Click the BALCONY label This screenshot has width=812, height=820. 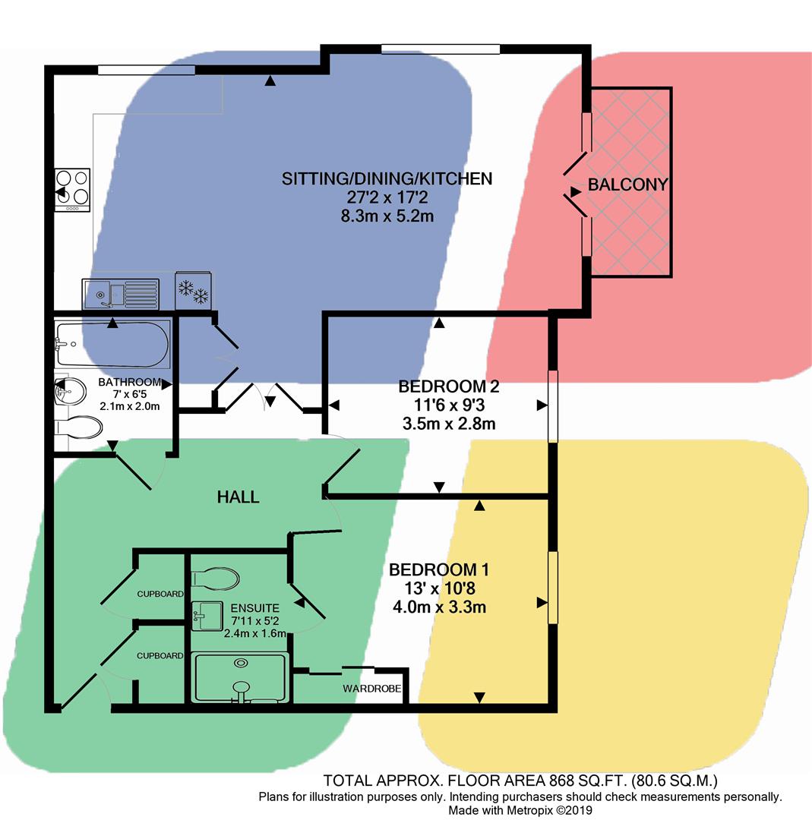tap(627, 184)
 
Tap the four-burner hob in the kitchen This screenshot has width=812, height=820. tap(72, 188)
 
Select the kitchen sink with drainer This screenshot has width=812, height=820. tap(121, 293)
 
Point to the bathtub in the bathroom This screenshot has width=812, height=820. tap(112, 344)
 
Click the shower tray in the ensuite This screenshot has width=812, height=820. tap(240, 677)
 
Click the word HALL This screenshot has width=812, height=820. tap(238, 497)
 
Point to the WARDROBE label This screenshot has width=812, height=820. tap(371, 689)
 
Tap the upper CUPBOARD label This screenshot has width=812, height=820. tap(160, 594)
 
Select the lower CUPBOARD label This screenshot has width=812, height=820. tap(160, 655)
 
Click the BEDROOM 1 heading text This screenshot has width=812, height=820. tap(438, 570)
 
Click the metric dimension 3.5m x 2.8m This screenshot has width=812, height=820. tap(448, 424)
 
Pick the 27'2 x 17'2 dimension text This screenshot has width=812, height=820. tap(387, 197)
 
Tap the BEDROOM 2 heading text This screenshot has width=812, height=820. tap(448, 386)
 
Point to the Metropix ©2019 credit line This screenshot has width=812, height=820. tap(520, 810)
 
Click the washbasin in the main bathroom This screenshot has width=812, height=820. tap(64, 392)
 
